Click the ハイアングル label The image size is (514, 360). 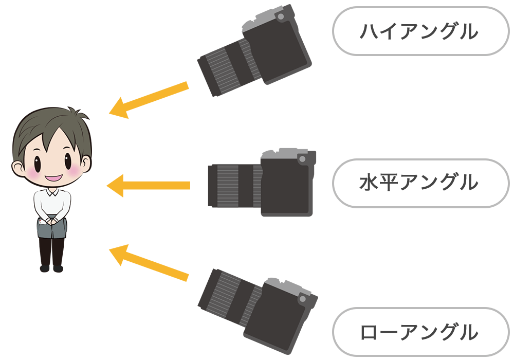419,31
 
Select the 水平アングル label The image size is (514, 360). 419,182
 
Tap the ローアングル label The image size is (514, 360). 419,332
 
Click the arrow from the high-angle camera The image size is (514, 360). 149,100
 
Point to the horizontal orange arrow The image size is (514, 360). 148,186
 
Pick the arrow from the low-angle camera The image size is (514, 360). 149,263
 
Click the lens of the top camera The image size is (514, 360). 229,67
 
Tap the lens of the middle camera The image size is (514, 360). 235,186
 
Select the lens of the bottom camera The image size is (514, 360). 229,298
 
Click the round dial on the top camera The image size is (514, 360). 281,16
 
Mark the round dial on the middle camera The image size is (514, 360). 302,159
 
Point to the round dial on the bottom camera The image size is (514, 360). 302,299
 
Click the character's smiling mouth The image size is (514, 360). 54,178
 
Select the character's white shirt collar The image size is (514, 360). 52,192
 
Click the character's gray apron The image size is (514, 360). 52,227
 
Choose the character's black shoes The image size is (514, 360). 51,268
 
